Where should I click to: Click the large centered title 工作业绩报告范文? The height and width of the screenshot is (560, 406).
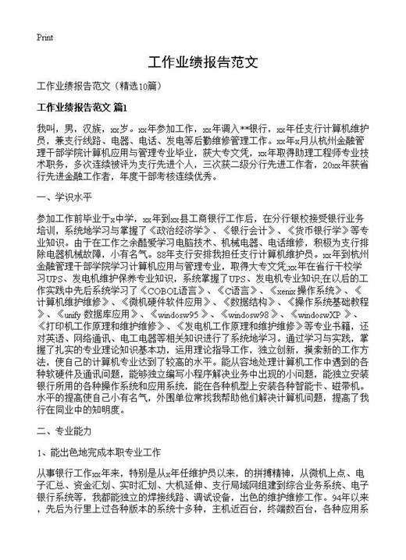click(202, 62)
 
